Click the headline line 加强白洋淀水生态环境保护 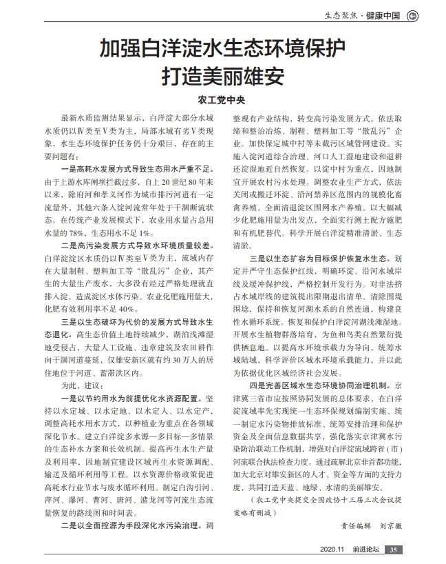pos(222,50)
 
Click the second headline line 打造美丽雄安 pos(222,74)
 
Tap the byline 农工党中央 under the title pos(222,98)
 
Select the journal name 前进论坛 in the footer pos(364,549)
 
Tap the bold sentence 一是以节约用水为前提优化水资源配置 pos(136,399)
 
